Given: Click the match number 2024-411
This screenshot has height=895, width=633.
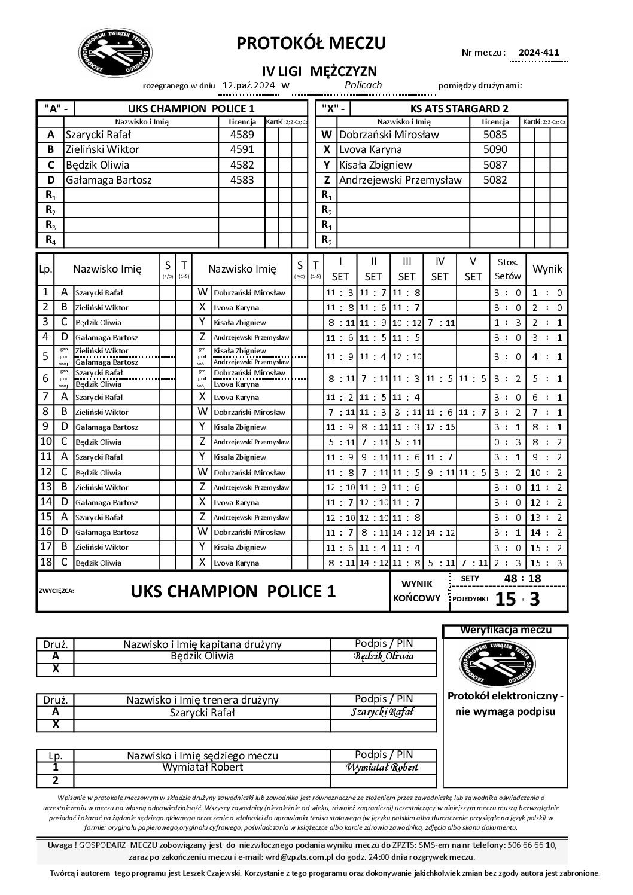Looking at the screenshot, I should pyautogui.click(x=538, y=52).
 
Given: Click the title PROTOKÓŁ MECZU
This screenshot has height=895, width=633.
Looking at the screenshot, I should pyautogui.click(x=311, y=43).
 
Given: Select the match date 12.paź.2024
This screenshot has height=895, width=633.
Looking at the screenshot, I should pyautogui.click(x=249, y=85).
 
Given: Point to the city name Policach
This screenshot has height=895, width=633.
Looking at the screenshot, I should pyautogui.click(x=363, y=85).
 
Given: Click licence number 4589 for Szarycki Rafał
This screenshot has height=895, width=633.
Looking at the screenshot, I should pyautogui.click(x=242, y=135).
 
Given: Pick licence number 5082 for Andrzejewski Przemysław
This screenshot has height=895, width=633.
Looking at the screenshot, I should pyautogui.click(x=495, y=179).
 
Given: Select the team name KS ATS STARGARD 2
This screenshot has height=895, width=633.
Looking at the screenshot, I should pyautogui.click(x=459, y=108).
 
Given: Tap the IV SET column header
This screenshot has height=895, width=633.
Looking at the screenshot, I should pyautogui.click(x=440, y=269).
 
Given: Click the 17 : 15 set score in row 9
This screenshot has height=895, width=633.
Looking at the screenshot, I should pyautogui.click(x=440, y=427).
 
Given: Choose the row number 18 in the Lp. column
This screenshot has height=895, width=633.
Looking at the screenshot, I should pyautogui.click(x=45, y=562).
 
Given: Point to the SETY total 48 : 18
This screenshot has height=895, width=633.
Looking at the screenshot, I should pyautogui.click(x=523, y=578).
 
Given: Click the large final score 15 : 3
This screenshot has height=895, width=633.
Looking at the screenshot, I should pyautogui.click(x=518, y=598).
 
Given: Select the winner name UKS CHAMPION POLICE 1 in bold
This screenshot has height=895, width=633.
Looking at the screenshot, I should pyautogui.click(x=233, y=591).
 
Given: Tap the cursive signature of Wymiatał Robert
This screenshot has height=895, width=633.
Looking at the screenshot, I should pyautogui.click(x=384, y=768).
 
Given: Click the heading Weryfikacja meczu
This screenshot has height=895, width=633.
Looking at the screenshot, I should pyautogui.click(x=505, y=630).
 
